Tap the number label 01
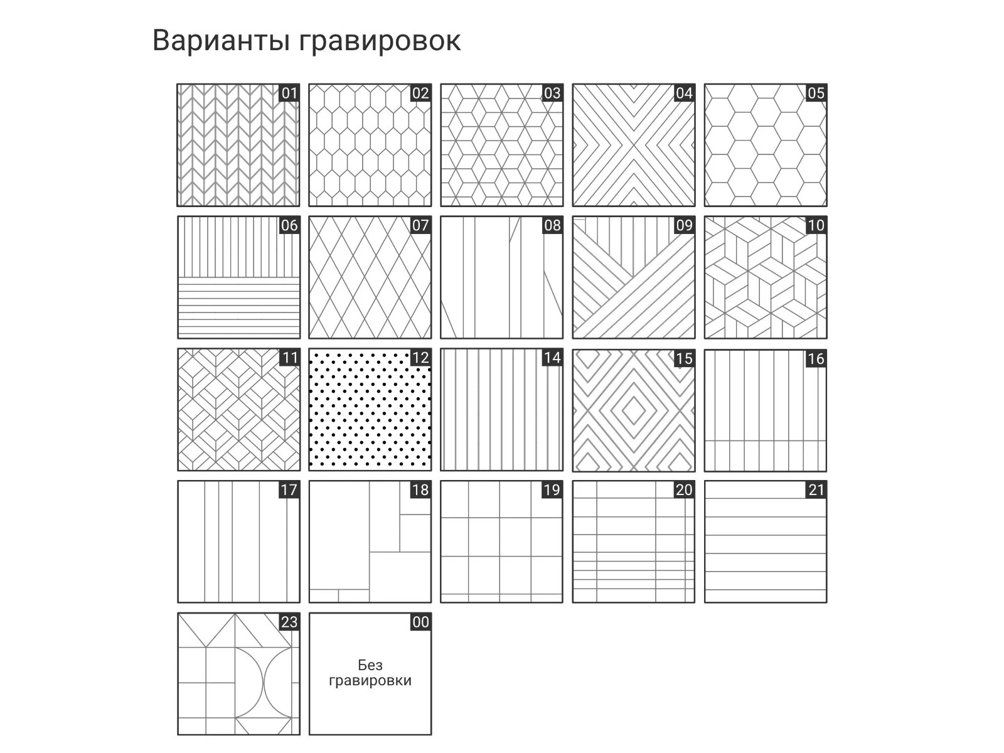(289, 93)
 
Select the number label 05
(816, 93)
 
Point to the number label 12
(420, 358)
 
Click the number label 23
(289, 622)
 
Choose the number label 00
(420, 622)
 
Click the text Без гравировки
(370, 673)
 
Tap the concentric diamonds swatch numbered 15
(634, 411)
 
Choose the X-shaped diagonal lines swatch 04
(634, 147)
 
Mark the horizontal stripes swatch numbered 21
(766, 546)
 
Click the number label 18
(420, 489)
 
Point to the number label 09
(684, 225)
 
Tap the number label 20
(684, 489)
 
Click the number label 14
(552, 358)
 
